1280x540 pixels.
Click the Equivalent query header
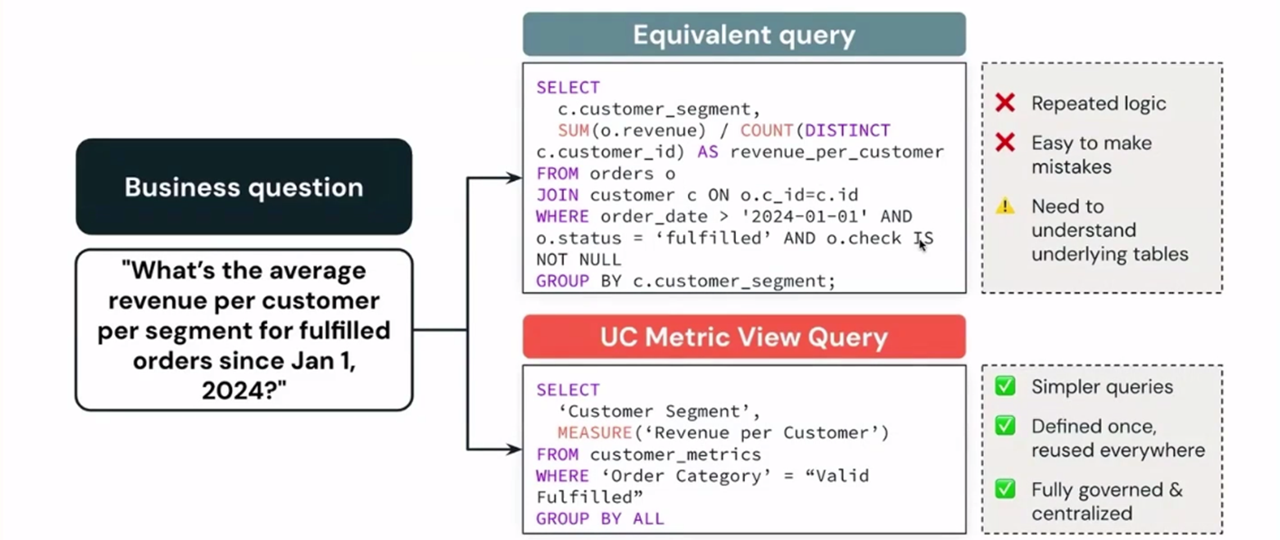743,34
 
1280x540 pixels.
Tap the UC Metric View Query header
743,336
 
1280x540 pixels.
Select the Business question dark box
244,187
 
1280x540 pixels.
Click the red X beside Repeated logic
1005,103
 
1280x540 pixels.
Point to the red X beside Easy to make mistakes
1005,143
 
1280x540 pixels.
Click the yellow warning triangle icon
1005,206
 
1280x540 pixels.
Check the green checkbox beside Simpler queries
1005,386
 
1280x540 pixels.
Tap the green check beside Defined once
1005,426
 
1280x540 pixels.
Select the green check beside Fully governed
1005,489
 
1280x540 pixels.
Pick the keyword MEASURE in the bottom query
595,432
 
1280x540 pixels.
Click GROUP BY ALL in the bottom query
599,519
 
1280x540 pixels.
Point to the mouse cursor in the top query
921,243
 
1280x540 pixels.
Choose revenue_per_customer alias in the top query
836,152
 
